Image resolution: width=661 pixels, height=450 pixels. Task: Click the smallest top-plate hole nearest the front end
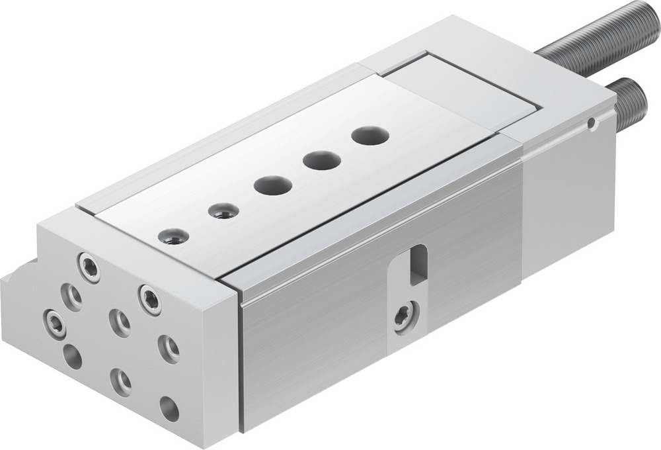(174, 236)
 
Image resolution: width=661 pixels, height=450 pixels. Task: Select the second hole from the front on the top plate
(223, 211)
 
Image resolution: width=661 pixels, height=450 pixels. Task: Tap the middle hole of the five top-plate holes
(272, 185)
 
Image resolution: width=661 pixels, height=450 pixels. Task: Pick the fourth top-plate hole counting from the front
(322, 159)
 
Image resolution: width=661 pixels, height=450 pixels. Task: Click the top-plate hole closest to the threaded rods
(370, 136)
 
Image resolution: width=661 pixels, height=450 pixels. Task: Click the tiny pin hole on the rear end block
(593, 123)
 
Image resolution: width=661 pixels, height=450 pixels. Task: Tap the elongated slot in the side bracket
(418, 265)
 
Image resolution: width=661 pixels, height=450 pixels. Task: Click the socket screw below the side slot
(405, 316)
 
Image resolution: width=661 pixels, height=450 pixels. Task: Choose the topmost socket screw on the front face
(89, 267)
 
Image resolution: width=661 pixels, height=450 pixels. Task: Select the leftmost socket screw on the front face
(54, 324)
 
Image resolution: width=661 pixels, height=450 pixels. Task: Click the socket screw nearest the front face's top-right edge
(149, 299)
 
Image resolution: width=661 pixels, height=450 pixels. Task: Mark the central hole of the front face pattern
(120, 323)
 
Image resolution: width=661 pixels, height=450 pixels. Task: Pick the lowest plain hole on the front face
(169, 408)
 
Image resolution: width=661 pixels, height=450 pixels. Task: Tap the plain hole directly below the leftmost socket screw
(72, 357)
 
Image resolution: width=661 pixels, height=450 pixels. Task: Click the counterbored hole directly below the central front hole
(120, 381)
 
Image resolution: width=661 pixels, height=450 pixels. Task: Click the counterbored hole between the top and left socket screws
(71, 296)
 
